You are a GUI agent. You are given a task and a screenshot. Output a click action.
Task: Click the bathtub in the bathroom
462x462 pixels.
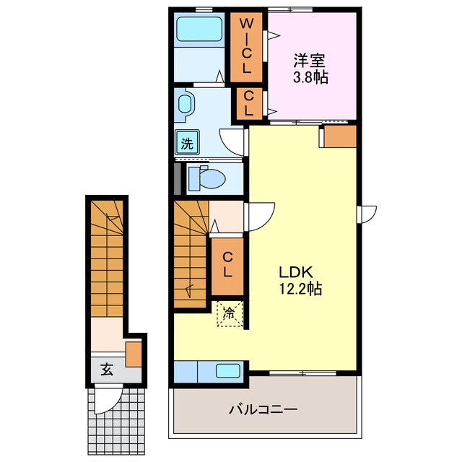(x=199, y=29)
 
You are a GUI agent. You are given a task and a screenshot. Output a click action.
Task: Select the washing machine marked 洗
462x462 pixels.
(x=187, y=143)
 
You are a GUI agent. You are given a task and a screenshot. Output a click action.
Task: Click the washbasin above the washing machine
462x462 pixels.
(x=186, y=104)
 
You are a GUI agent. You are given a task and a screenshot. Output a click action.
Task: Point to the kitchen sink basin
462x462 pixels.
(x=227, y=371)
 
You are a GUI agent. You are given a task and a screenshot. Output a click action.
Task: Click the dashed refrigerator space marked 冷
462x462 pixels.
(x=230, y=314)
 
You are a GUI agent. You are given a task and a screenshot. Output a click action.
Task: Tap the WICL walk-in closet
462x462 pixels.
(x=246, y=47)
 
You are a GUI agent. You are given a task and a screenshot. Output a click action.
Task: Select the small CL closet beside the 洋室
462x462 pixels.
(x=248, y=103)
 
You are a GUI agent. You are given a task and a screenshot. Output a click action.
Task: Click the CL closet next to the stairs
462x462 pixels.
(x=227, y=266)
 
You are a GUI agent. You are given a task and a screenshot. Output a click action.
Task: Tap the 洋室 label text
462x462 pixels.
(x=309, y=61)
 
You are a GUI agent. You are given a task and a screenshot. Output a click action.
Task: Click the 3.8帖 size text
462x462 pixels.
(x=310, y=77)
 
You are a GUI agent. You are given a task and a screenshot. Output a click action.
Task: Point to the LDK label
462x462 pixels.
(x=295, y=272)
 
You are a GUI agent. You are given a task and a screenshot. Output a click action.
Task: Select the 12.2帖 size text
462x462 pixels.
(x=300, y=289)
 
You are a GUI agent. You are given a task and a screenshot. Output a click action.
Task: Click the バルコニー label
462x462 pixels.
(x=263, y=409)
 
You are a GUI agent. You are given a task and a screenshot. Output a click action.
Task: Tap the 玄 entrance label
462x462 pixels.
(x=107, y=370)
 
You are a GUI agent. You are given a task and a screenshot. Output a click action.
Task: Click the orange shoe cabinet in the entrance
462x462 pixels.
(x=134, y=354)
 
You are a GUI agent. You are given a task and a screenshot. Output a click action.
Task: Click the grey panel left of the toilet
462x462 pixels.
(x=177, y=178)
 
